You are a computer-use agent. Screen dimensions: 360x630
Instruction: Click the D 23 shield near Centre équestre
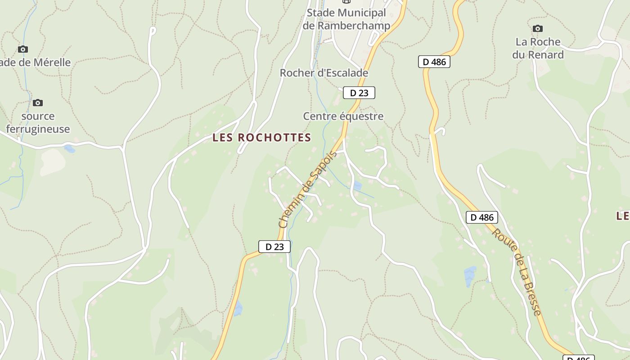click(x=359, y=93)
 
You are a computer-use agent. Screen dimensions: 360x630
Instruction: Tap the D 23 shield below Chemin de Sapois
click(x=274, y=247)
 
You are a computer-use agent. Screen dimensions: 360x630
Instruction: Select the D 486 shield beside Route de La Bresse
click(x=482, y=217)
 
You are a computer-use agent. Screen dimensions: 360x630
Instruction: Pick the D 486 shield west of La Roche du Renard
click(x=434, y=62)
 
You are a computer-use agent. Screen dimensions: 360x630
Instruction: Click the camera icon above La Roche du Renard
click(x=537, y=29)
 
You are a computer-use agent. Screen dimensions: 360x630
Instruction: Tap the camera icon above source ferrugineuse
click(x=38, y=103)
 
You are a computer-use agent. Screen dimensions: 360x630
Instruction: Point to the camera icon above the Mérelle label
click(x=23, y=49)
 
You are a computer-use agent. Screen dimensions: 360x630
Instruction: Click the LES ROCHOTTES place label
click(x=261, y=138)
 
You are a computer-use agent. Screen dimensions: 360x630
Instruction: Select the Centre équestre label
click(x=343, y=116)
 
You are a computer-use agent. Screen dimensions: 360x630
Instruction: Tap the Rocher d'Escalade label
click(x=324, y=73)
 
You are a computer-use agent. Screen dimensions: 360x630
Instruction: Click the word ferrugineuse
click(x=38, y=129)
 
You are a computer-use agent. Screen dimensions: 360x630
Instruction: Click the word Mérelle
click(x=49, y=63)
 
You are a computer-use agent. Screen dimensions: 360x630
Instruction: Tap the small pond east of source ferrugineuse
click(x=69, y=148)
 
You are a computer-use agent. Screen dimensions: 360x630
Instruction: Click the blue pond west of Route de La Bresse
click(x=469, y=275)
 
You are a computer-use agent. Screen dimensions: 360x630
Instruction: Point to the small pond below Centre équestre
click(x=357, y=186)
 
